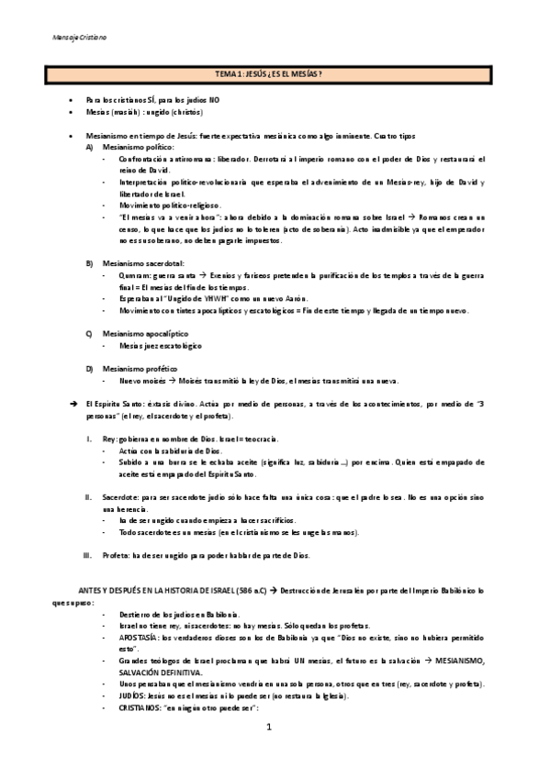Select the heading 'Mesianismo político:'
(x=138, y=146)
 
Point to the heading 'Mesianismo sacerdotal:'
(x=143, y=263)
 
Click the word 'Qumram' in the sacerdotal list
(x=134, y=275)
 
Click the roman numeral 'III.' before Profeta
(x=86, y=556)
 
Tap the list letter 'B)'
(x=89, y=263)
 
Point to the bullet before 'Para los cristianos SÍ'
(x=74, y=99)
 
